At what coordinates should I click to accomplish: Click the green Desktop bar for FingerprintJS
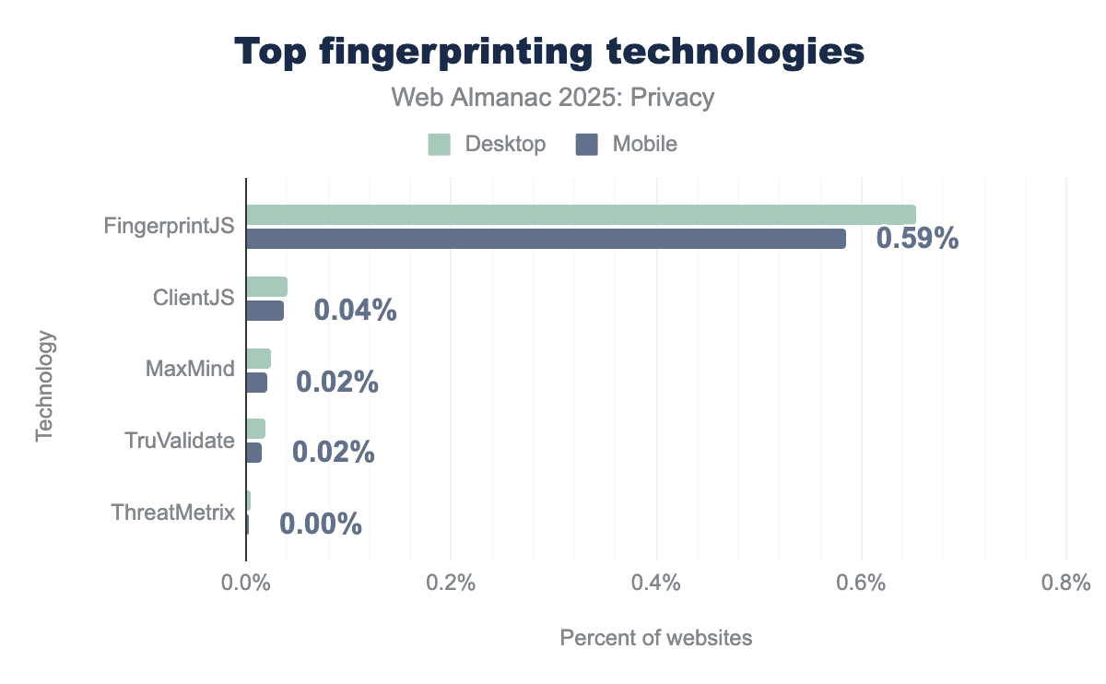(x=581, y=215)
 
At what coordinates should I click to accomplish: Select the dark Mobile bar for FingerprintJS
(x=546, y=239)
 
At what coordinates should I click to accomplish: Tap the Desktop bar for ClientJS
(x=266, y=287)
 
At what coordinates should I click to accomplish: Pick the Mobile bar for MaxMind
(x=256, y=383)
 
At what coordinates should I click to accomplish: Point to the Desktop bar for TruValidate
(x=255, y=429)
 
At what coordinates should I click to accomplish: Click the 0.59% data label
(x=917, y=239)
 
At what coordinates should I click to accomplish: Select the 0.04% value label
(x=355, y=311)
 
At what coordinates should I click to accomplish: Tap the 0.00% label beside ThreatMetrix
(x=320, y=525)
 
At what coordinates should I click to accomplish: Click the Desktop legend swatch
(x=439, y=145)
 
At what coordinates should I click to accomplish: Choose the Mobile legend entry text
(x=645, y=145)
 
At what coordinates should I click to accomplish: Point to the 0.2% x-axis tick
(x=451, y=584)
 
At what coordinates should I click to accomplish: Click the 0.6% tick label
(x=861, y=584)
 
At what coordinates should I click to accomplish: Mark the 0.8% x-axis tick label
(x=1065, y=584)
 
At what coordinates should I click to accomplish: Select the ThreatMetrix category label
(x=172, y=513)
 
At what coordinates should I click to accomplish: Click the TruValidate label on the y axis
(x=180, y=441)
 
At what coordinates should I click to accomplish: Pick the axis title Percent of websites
(x=655, y=638)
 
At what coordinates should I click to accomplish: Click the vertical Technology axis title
(x=45, y=386)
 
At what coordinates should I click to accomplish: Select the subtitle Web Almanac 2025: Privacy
(x=553, y=98)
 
